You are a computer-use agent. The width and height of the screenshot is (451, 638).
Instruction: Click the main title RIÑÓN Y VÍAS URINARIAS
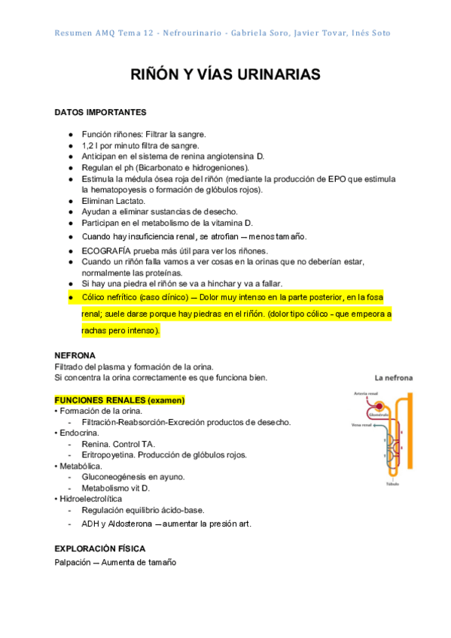point(225,74)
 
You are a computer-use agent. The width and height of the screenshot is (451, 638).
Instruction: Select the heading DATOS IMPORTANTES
point(100,112)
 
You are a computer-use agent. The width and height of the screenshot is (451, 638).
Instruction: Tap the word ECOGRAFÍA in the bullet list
point(106,251)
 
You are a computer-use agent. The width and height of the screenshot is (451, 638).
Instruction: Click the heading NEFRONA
point(75,354)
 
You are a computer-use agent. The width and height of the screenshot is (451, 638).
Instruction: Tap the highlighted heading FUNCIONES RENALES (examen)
point(120,400)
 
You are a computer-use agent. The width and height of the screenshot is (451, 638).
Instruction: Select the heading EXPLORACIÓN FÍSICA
point(100,548)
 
